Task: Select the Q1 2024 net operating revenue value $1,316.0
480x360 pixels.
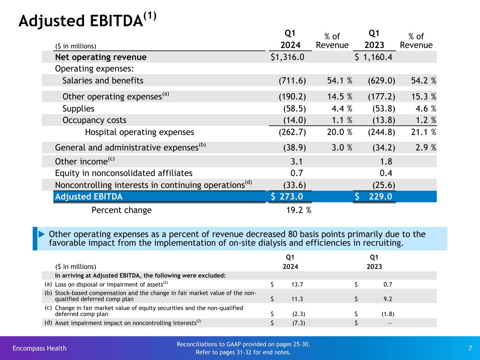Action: (287, 57)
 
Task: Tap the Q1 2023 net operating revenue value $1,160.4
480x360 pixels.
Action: (373, 57)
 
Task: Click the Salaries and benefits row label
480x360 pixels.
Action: (103, 81)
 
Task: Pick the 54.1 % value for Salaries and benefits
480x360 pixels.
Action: (340, 81)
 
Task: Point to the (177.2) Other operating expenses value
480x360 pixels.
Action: (382, 96)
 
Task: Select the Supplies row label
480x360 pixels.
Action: (78, 109)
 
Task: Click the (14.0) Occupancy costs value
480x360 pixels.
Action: (295, 120)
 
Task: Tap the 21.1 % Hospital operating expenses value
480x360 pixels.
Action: (423, 132)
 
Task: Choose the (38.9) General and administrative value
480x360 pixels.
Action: (295, 148)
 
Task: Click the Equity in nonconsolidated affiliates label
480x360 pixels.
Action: (124, 173)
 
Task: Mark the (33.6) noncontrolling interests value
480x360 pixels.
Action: (295, 185)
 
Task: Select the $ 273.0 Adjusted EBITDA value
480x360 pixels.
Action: (287, 197)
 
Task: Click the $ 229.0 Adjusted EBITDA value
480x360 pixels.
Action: (374, 197)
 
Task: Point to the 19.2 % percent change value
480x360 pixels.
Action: (299, 210)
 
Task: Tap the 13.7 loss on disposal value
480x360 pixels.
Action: (297, 284)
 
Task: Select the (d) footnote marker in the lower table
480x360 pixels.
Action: (48, 322)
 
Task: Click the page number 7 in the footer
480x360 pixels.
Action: (470, 348)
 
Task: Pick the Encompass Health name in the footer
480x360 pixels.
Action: (39, 348)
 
